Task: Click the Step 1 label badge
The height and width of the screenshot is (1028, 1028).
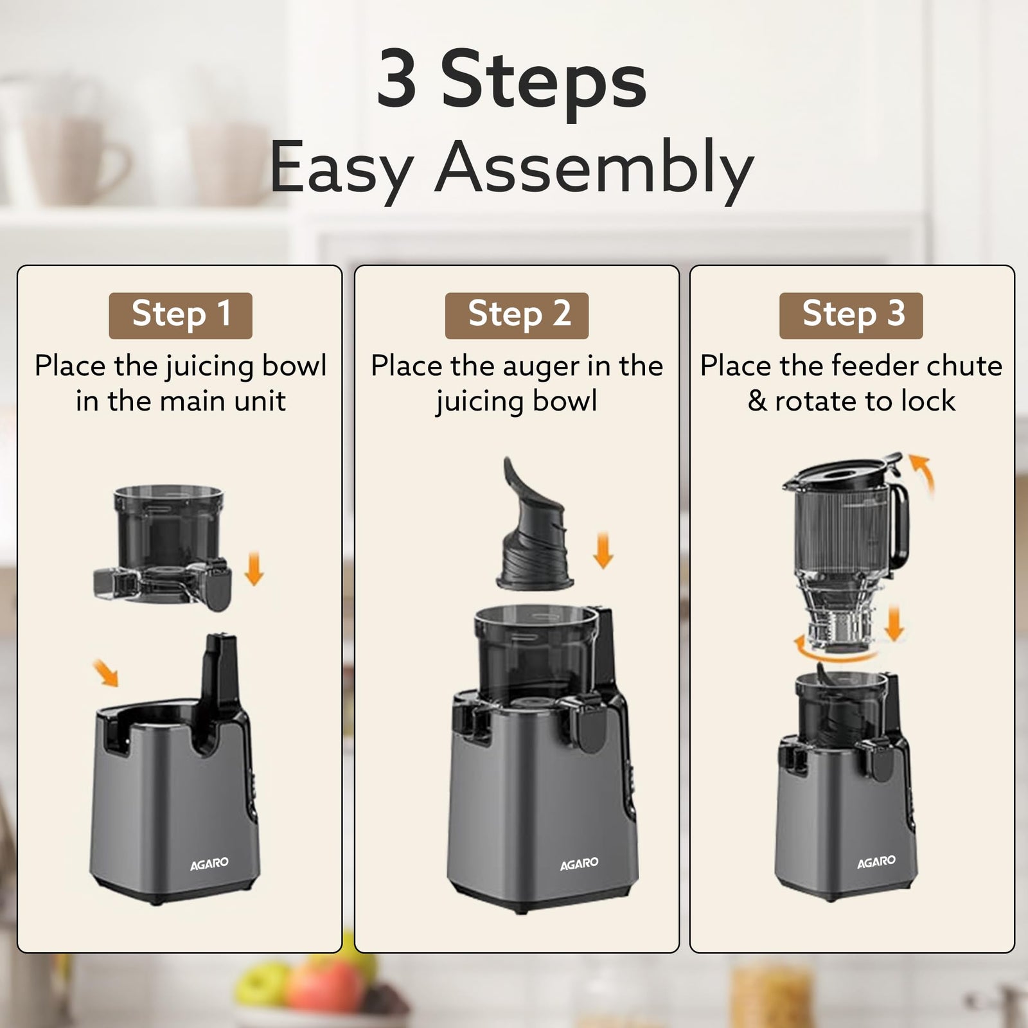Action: [x=181, y=315]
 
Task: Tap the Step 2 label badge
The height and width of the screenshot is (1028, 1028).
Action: [x=517, y=315]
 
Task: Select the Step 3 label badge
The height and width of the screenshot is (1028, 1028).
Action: [x=851, y=315]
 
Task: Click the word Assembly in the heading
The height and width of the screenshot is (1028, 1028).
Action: [x=594, y=167]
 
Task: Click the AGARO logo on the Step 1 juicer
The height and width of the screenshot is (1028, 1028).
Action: [x=209, y=864]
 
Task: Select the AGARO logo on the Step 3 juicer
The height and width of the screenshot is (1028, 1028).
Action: [x=876, y=862]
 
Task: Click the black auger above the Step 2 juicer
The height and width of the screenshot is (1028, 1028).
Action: [x=533, y=533]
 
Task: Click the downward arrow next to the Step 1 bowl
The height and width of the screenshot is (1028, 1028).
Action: [x=254, y=568]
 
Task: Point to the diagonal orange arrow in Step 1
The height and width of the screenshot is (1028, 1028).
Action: [x=105, y=672]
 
